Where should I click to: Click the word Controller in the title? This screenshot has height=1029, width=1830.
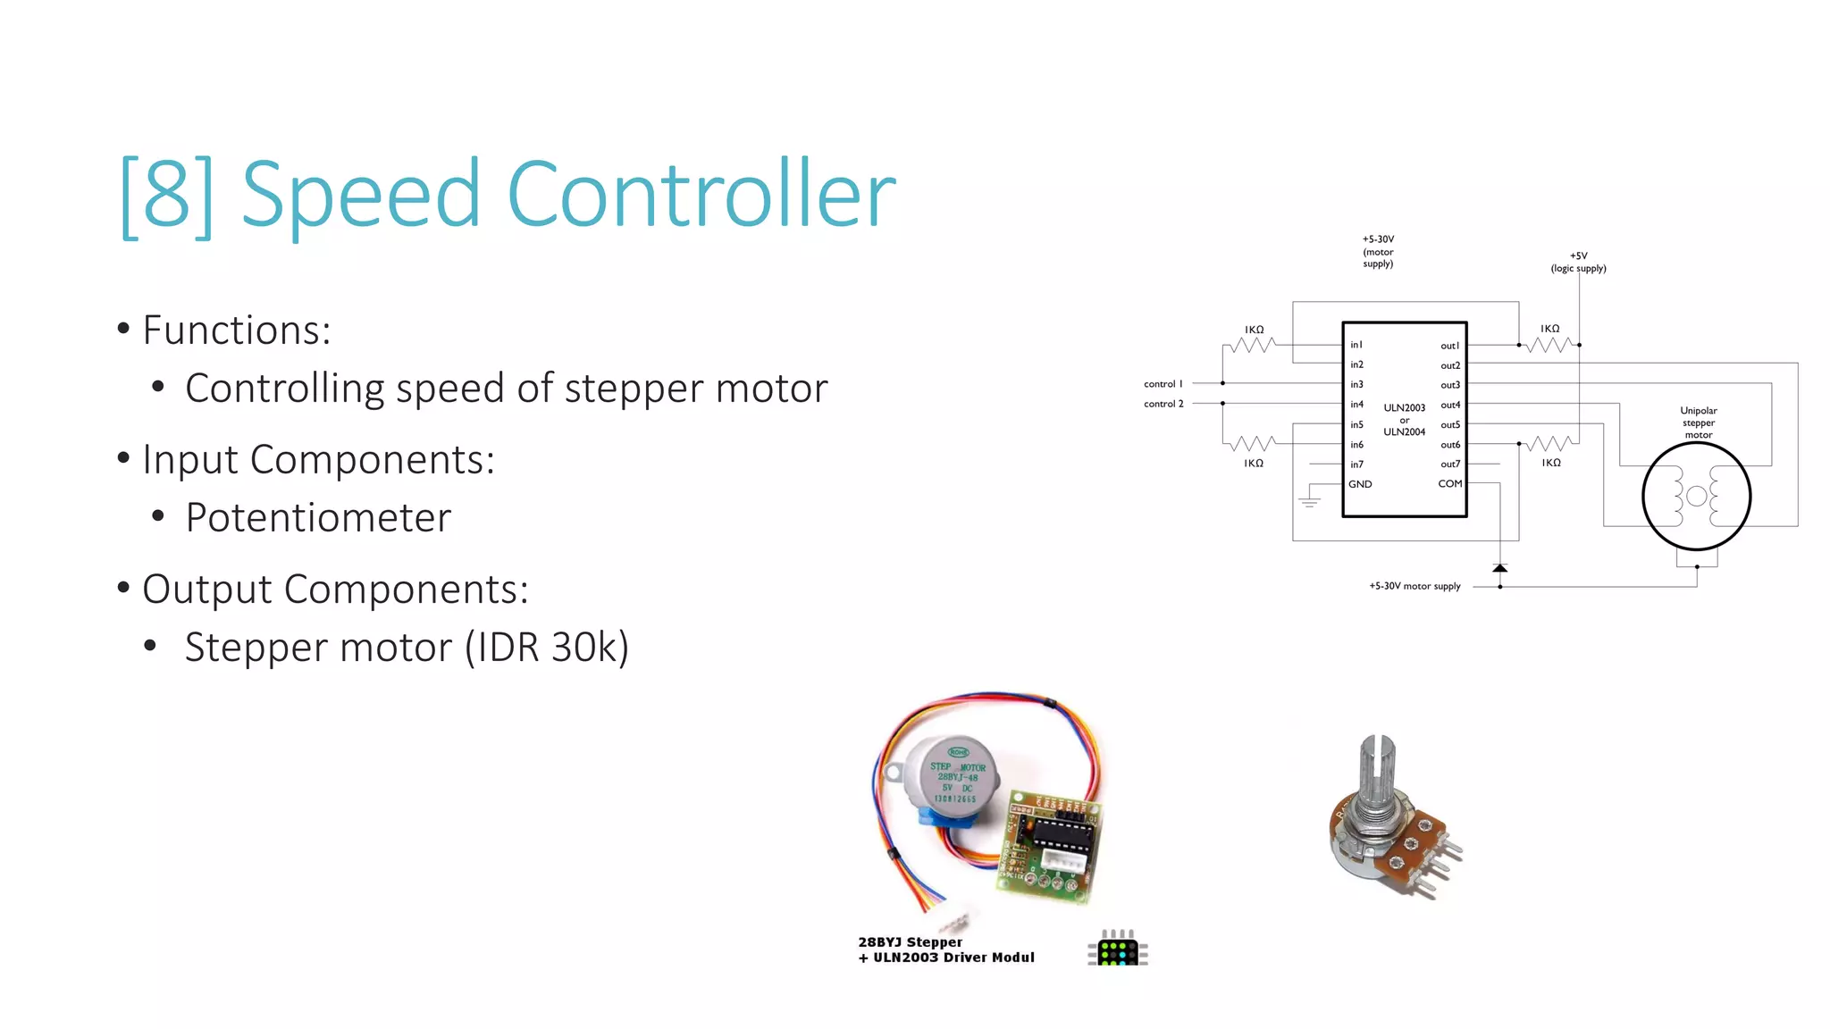pyautogui.click(x=701, y=194)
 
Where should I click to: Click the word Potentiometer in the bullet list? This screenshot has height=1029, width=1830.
pyautogui.click(x=318, y=517)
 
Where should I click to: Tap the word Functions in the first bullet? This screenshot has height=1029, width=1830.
pyautogui.click(x=236, y=330)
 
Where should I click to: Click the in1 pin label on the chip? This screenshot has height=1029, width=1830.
pyautogui.click(x=1356, y=345)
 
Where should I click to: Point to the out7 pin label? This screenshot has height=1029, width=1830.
pyautogui.click(x=1450, y=464)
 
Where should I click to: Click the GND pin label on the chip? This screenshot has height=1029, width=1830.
pyautogui.click(x=1360, y=484)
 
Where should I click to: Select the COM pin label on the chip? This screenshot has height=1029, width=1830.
pyautogui.click(x=1449, y=484)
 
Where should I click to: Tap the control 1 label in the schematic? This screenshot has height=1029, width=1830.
pyautogui.click(x=1163, y=384)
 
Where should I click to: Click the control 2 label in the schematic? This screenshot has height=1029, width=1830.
pyautogui.click(x=1163, y=404)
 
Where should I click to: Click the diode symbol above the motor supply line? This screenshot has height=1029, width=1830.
pyautogui.click(x=1500, y=568)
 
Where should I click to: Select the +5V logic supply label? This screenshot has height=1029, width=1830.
pyautogui.click(x=1578, y=262)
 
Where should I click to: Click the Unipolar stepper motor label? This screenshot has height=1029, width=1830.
pyautogui.click(x=1698, y=422)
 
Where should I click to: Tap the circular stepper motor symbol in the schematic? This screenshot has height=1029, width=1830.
pyautogui.click(x=1696, y=497)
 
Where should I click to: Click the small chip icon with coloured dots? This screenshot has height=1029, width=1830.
pyautogui.click(x=1117, y=949)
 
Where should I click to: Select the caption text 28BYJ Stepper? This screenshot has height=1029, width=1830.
pyautogui.click(x=910, y=942)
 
